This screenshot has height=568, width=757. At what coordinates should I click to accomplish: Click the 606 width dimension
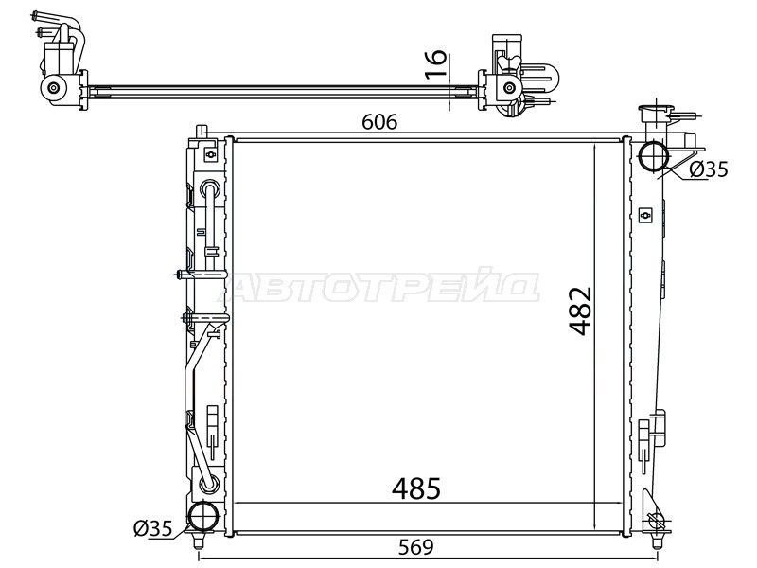pos(378,122)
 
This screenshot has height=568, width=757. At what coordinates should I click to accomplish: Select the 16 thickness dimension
pos(434,62)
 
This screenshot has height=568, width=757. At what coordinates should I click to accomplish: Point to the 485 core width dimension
pos(416,488)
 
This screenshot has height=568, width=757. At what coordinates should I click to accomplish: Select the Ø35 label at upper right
pos(708,169)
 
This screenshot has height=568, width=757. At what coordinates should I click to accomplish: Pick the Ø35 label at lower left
pos(151,529)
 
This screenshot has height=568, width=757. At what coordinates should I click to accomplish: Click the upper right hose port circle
pos(655,156)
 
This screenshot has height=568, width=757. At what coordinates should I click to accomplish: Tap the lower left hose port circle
pos(203,518)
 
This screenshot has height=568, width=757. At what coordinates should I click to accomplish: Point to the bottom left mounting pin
pos(199,541)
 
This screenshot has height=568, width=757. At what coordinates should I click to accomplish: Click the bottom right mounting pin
pos(656,541)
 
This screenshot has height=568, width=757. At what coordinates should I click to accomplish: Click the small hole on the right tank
pos(645,214)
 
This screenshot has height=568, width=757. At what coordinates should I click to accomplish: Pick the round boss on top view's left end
pos(53,89)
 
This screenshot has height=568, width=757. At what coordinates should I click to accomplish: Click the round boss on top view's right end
pos(507,89)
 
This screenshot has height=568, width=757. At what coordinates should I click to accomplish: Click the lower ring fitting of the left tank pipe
pos(209,486)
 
